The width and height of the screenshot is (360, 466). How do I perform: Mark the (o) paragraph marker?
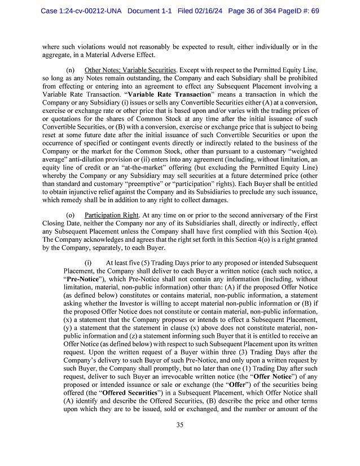[71, 215]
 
